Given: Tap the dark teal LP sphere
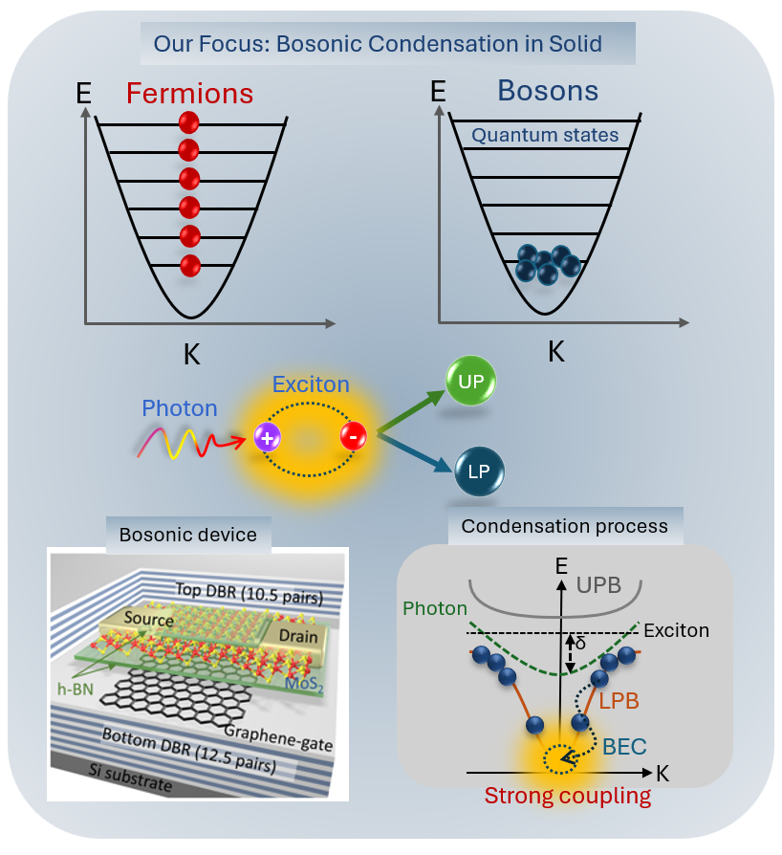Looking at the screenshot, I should point(479,472).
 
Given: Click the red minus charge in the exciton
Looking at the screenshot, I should point(353,438).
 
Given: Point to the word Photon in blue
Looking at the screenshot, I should point(180,408).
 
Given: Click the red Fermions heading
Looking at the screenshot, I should point(189,94).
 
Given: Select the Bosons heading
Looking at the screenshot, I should point(548,91).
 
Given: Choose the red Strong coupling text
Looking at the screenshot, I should point(568,796).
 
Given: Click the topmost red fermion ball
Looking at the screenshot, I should point(189,122).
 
